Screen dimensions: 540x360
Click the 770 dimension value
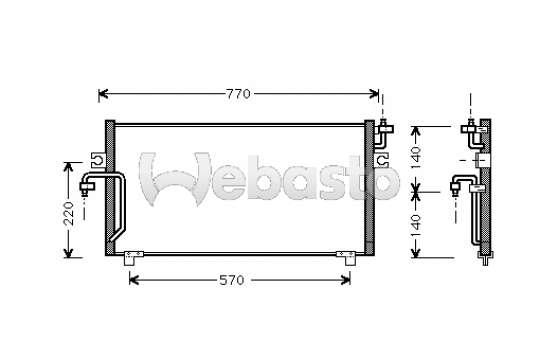238,94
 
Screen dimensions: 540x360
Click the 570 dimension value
232,280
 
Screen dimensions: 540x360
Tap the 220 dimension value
69,214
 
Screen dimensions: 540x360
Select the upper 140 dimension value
416,157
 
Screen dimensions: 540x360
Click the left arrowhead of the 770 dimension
103,94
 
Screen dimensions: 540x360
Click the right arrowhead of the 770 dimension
374,94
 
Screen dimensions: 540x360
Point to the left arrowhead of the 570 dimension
134,280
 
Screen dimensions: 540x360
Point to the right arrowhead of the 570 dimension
345,280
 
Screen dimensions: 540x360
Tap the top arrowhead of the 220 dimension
69,167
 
